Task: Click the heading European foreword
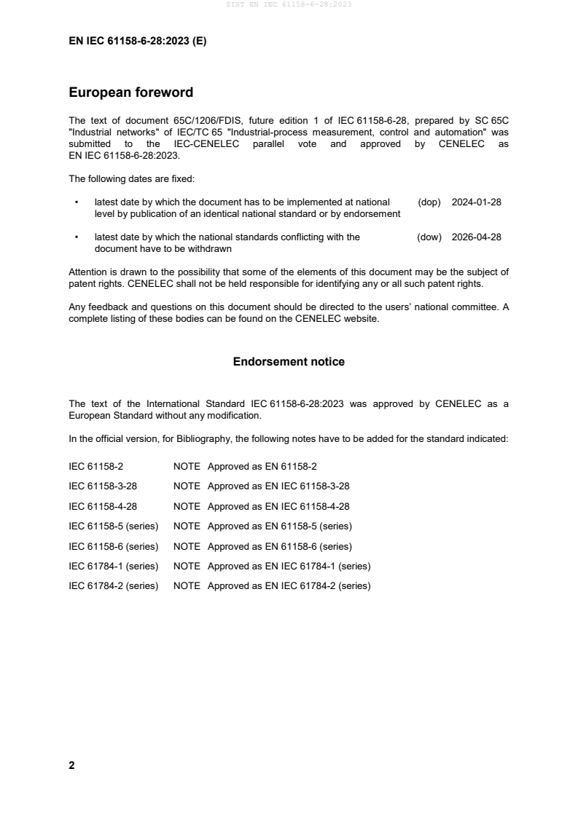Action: click(130, 92)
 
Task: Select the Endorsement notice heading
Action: click(289, 361)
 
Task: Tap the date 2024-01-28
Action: click(476, 202)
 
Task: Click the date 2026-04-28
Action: click(476, 237)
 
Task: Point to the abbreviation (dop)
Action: click(429, 202)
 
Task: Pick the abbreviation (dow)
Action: click(429, 237)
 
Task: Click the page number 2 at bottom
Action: click(71, 765)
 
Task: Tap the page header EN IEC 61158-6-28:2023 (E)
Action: click(137, 42)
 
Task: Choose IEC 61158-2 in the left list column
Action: click(98, 466)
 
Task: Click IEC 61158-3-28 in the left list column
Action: click(103, 486)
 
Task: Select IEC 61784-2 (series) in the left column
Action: click(114, 585)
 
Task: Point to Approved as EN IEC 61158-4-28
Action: click(278, 506)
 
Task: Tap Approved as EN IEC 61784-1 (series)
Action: click(289, 566)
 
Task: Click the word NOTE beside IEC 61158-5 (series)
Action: click(187, 526)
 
